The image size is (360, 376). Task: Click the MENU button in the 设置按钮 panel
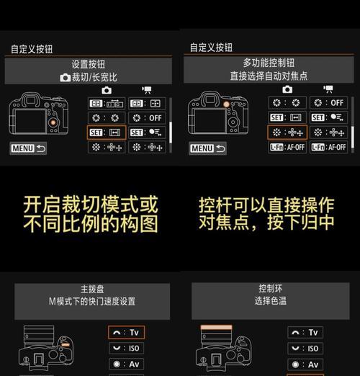28,148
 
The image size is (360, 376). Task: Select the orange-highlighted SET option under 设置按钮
107,133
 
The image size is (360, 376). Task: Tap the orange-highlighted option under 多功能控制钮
287,133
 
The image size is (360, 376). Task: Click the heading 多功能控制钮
269,63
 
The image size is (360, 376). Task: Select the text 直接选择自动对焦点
269,76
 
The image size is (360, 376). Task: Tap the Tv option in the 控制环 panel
305,333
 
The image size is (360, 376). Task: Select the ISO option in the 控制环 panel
305,349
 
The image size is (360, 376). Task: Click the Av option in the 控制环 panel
305,364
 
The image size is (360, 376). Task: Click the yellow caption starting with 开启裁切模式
90,214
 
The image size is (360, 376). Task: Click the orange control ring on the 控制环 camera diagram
217,327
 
